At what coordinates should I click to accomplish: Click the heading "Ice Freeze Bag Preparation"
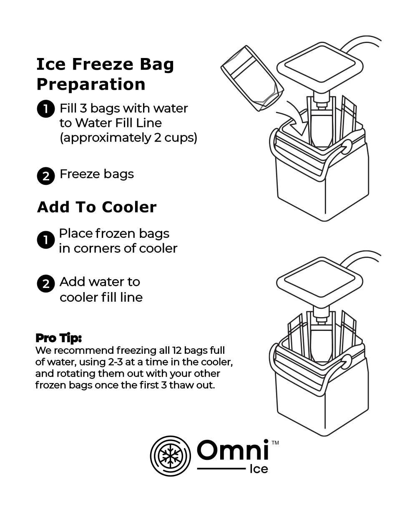[x=105, y=74]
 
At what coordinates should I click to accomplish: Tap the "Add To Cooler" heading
[x=97, y=207]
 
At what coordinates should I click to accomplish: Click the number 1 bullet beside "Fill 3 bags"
[x=45, y=109]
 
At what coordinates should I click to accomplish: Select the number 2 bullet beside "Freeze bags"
[x=45, y=176]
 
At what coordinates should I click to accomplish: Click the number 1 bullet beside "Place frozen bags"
[x=45, y=240]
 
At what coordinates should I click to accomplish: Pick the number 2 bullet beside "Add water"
[x=45, y=284]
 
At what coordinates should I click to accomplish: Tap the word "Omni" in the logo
[x=232, y=451]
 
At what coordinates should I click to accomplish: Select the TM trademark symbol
[x=275, y=442]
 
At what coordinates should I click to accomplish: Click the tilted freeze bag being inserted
[x=252, y=79]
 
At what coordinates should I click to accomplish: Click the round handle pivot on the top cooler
[x=346, y=146]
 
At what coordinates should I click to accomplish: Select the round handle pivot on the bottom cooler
[x=346, y=361]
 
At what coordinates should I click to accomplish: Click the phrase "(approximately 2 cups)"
[x=128, y=138]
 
